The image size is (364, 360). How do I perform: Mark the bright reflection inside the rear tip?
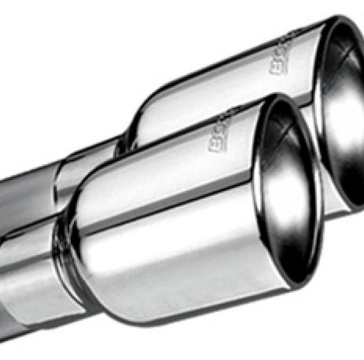tap(340, 121)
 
